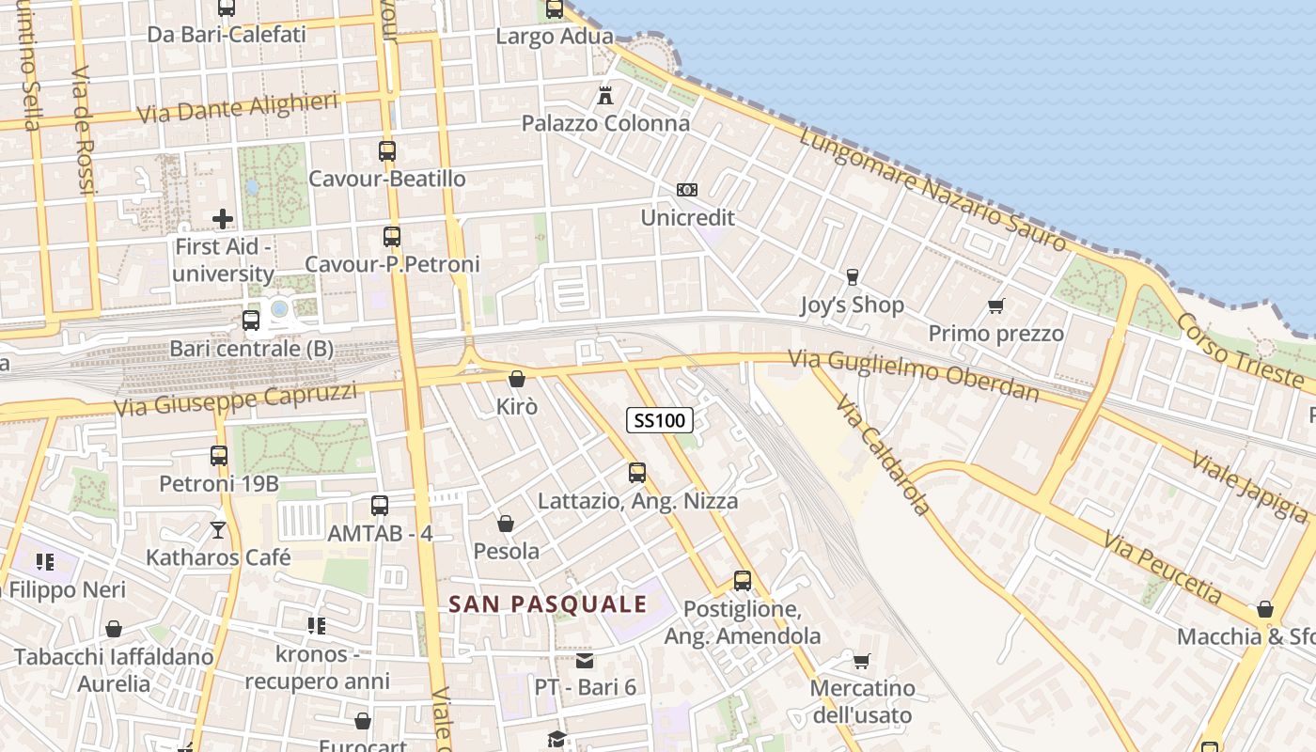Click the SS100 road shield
(x=660, y=420)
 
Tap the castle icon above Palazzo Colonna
(x=605, y=95)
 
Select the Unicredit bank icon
(x=687, y=190)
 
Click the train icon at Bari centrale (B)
(x=251, y=321)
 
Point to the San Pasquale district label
(x=547, y=604)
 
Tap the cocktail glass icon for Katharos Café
(x=218, y=530)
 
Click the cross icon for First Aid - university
(x=223, y=219)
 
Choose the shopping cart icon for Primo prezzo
(x=996, y=305)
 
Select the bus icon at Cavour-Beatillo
(x=387, y=150)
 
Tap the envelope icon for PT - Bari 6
(x=585, y=661)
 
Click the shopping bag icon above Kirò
(x=516, y=380)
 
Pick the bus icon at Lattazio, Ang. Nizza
(x=637, y=473)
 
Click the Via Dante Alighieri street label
(x=238, y=107)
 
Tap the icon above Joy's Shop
(x=853, y=276)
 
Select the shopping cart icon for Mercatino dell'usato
(x=862, y=661)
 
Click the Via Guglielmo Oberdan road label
(x=914, y=373)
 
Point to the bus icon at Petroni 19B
(x=219, y=456)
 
